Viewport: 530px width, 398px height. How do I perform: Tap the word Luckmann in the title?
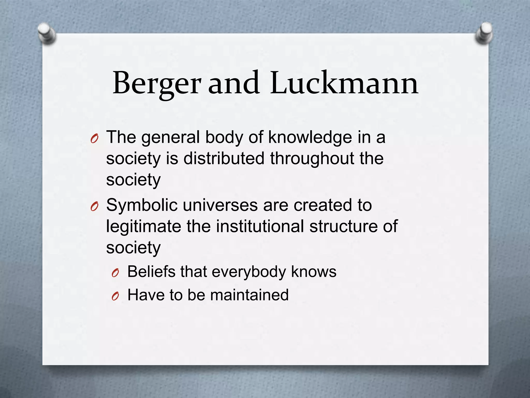pos(344,83)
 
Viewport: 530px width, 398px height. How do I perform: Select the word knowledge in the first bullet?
pos(310,137)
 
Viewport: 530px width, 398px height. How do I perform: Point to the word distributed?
pos(224,158)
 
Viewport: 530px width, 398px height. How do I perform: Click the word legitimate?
pos(144,226)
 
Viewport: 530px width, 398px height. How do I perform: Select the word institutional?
pos(260,226)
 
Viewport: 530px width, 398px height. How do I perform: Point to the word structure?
pos(343,226)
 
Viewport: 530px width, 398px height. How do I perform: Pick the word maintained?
pos(249,295)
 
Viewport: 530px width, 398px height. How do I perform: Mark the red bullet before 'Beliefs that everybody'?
pos(115,273)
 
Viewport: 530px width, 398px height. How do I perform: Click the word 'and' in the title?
pos(234,83)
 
